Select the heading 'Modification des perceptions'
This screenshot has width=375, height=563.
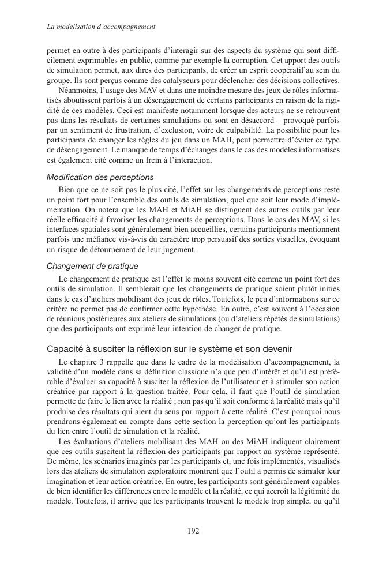100,178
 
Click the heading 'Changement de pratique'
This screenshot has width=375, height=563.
92,267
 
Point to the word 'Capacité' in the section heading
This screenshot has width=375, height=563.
66,348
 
